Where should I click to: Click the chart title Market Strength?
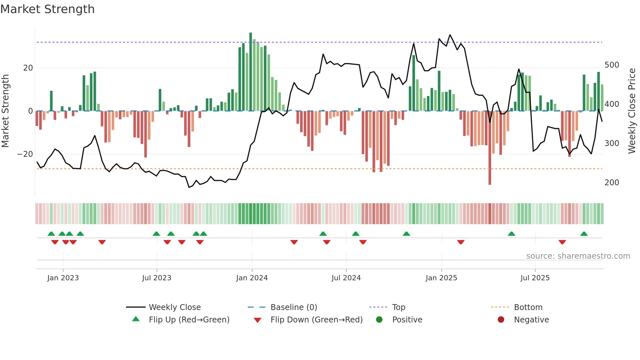[47, 9]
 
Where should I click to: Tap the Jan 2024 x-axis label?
[252, 278]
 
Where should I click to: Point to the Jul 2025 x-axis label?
[535, 278]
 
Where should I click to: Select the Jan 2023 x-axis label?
[63, 278]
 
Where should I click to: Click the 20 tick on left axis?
[28, 68]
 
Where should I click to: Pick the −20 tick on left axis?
[25, 154]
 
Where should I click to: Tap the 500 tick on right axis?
[612, 65]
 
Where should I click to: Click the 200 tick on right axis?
[612, 183]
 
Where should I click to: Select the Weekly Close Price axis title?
[632, 111]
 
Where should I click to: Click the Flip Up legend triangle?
[136, 319]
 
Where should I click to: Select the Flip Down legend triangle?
[257, 320]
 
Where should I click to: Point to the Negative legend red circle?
[501, 319]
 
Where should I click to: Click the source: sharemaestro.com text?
[578, 256]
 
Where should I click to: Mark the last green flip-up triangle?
[584, 234]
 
